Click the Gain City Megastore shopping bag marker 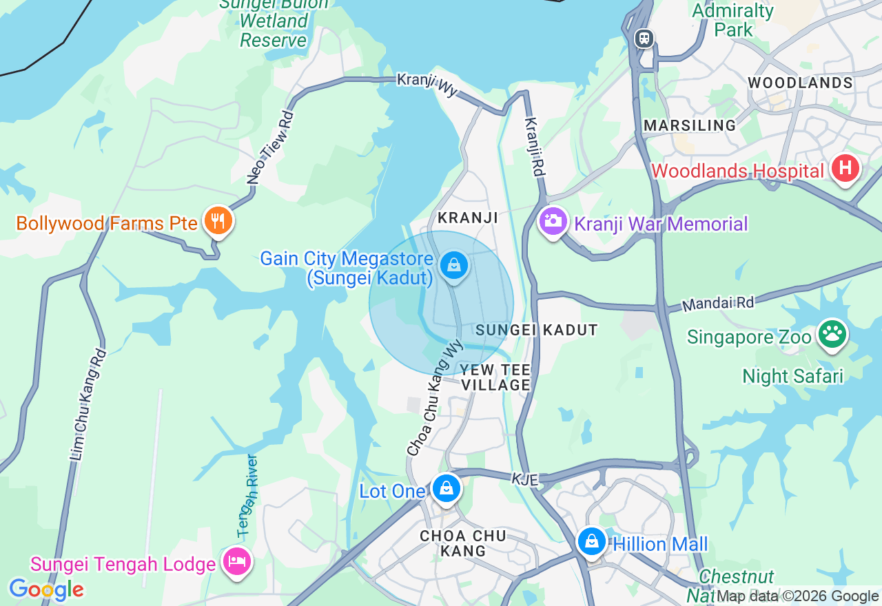[x=453, y=264]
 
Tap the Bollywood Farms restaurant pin [x=218, y=221]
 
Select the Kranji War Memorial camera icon [x=553, y=221]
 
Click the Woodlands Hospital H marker [x=845, y=168]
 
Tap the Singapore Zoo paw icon [x=832, y=335]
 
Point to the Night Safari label [x=792, y=376]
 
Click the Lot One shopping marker [x=447, y=488]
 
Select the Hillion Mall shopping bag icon [x=591, y=542]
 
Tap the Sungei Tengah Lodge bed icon [x=236, y=561]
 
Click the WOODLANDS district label [x=800, y=83]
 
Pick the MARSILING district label [x=690, y=125]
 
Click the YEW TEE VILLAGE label [x=495, y=377]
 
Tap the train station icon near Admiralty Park [x=644, y=38]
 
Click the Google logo [x=46, y=590]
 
